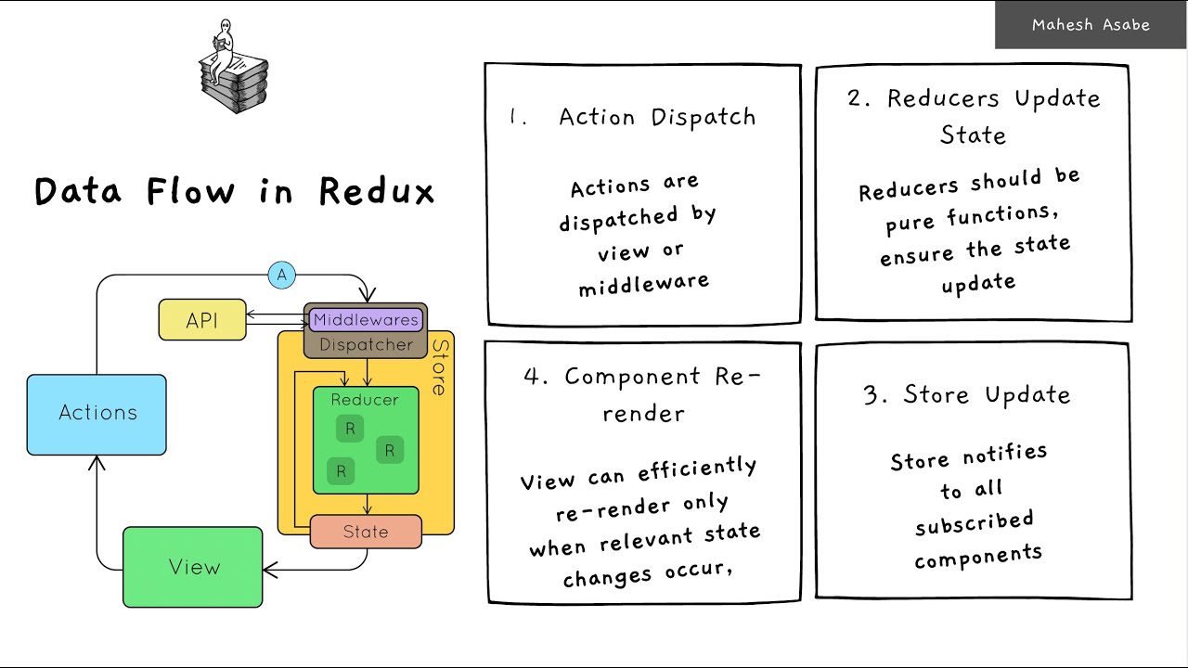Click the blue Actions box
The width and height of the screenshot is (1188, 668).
(x=97, y=414)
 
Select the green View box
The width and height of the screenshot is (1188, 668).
(x=193, y=567)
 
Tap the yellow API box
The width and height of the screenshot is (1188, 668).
(x=202, y=320)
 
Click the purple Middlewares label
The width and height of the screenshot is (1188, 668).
(x=366, y=320)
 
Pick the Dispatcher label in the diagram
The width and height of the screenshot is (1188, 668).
(x=366, y=345)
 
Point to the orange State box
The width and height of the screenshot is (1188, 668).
(x=366, y=532)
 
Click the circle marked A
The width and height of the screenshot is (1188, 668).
(x=281, y=275)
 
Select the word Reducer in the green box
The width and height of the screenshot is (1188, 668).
(x=365, y=400)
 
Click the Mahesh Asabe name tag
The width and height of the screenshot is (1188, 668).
(x=1091, y=25)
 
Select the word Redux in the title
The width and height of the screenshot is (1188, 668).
(x=377, y=191)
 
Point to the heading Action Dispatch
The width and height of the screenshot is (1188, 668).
(x=657, y=118)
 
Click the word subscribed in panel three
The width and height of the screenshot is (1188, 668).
(x=974, y=522)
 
